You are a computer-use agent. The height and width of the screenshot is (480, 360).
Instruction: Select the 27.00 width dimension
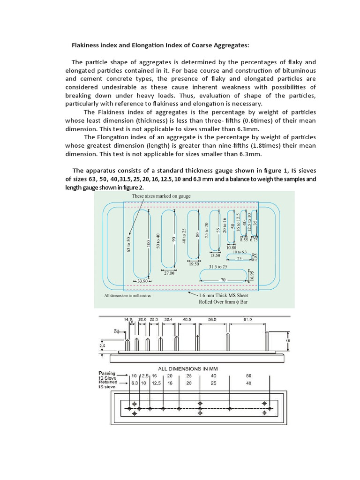pyautogui.click(x=169, y=273)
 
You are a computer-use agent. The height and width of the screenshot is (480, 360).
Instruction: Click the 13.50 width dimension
pyautogui.click(x=215, y=255)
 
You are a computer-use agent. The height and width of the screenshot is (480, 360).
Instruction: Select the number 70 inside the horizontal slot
pyautogui.click(x=223, y=280)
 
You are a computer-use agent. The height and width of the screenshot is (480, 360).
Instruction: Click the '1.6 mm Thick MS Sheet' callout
pyautogui.click(x=224, y=296)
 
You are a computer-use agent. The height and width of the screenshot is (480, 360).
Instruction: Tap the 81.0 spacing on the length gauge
pyautogui.click(x=247, y=319)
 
